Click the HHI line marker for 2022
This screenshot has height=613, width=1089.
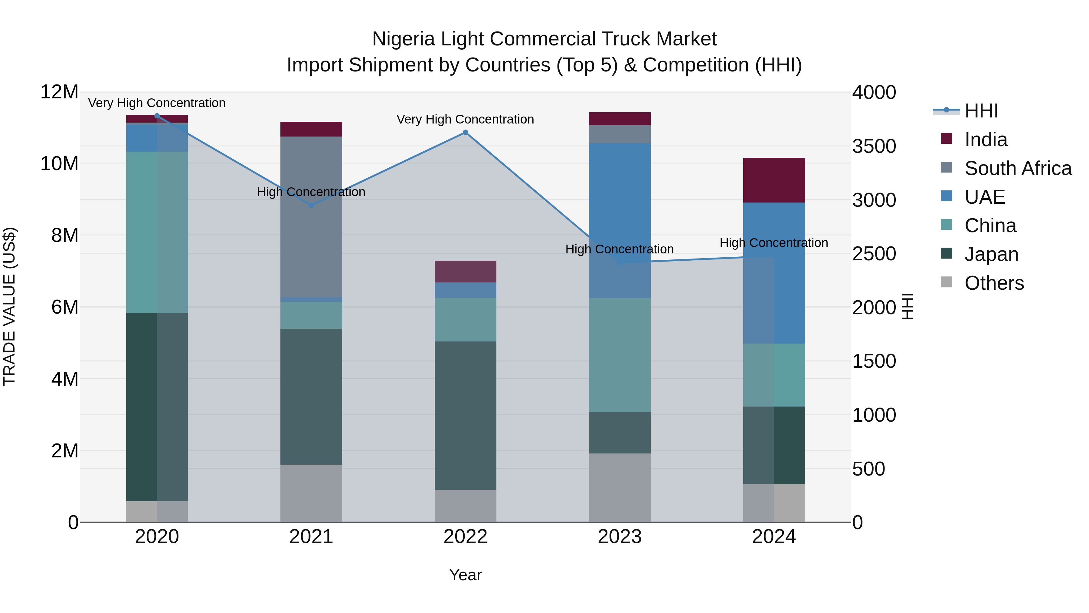coord(466,132)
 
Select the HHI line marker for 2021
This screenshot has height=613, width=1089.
coord(311,205)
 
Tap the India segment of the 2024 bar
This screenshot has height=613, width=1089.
coord(774,180)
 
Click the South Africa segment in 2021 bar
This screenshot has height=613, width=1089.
coord(311,217)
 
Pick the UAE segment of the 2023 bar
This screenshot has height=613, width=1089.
coord(620,220)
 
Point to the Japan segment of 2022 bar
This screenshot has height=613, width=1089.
coord(466,415)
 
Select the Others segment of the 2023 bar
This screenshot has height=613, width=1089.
coord(620,488)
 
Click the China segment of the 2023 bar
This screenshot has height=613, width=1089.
coord(620,355)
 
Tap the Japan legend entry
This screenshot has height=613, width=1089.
coord(991,254)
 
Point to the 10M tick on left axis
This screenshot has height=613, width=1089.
coord(59,163)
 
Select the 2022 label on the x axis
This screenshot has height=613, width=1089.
coord(466,537)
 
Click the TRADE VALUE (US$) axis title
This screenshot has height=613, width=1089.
coord(9,306)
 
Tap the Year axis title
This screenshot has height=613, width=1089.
coord(466,575)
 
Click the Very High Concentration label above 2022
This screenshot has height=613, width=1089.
coord(466,119)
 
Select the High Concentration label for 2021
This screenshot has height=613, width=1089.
coord(311,192)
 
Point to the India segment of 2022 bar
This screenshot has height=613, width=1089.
coord(466,272)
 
